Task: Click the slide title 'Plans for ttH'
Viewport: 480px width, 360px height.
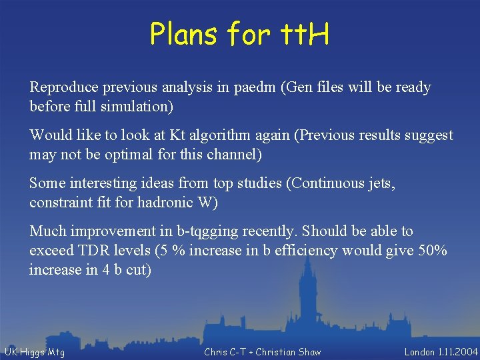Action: (239, 33)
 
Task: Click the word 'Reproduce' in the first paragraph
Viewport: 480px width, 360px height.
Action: (62, 87)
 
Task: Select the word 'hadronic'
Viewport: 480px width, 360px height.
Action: (161, 203)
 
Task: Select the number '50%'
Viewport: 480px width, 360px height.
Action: (433, 251)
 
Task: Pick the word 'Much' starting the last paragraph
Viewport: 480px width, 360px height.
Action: (47, 231)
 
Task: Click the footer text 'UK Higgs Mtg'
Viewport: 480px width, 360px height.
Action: (35, 352)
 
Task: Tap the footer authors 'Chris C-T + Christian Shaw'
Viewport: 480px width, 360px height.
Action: (262, 352)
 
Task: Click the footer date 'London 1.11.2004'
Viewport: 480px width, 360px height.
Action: (441, 352)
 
